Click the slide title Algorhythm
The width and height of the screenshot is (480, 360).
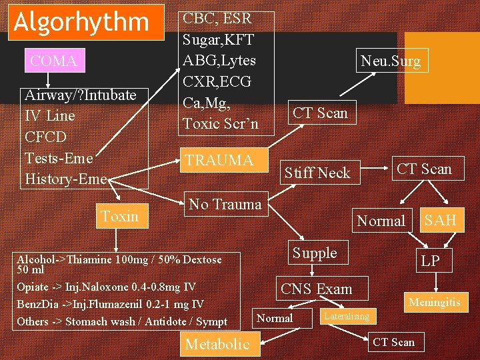tap(82, 22)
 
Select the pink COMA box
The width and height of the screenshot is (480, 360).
tap(53, 61)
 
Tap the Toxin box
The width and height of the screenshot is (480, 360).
tap(119, 215)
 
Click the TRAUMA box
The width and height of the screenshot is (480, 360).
tap(219, 161)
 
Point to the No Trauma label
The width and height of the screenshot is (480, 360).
tap(225, 204)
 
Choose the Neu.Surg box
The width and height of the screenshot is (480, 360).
tap(391, 61)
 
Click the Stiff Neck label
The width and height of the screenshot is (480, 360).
tap(317, 173)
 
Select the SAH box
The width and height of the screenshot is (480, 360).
tap(441, 221)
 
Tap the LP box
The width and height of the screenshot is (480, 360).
tap(430, 261)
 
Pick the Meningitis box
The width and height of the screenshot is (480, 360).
tap(435, 303)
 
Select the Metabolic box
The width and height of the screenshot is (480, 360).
tap(217, 344)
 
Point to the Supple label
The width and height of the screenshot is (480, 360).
tap(315, 253)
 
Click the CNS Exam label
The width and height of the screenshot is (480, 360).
tap(316, 289)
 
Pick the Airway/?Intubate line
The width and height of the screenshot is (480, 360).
tap(80, 95)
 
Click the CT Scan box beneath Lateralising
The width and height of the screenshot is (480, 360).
tap(393, 342)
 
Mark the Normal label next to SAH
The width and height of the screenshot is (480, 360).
tap(381, 221)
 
